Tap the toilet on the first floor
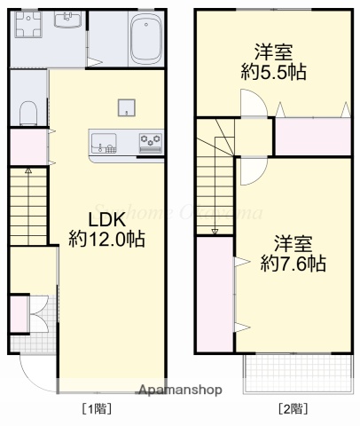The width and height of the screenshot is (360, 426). point(27,111)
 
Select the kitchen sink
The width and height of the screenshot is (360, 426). point(103,140)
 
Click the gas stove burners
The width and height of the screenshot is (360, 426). point(150,140)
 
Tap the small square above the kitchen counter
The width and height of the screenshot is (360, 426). point(127,107)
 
